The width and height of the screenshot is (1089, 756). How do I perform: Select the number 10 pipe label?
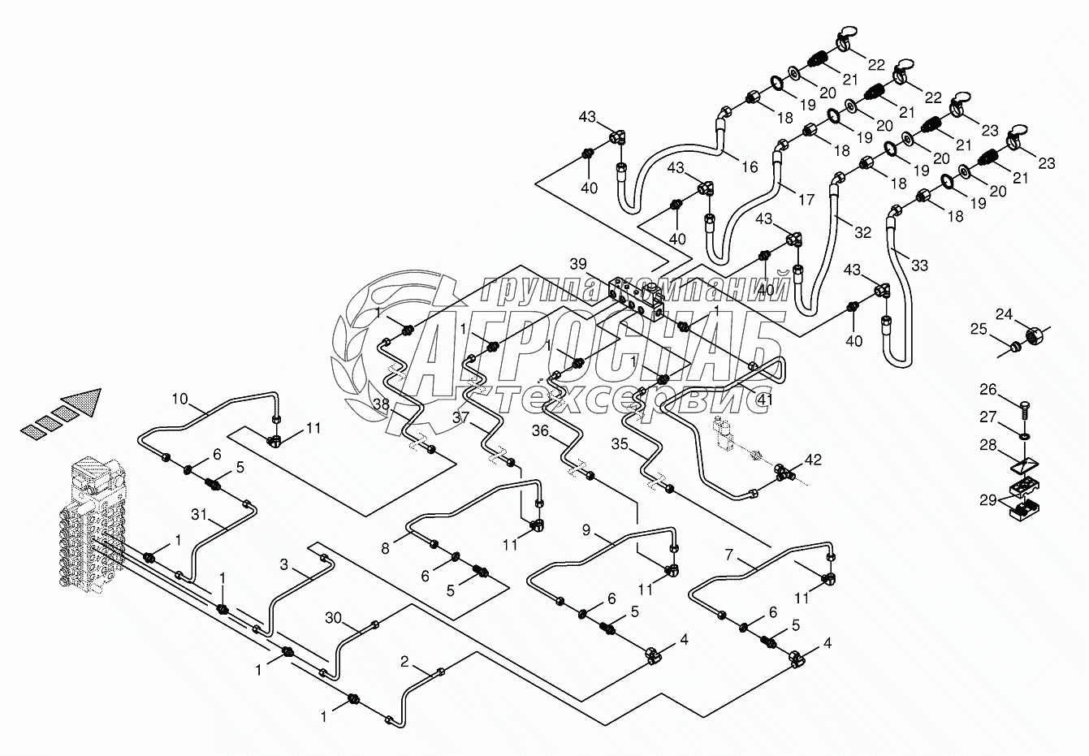click(x=179, y=398)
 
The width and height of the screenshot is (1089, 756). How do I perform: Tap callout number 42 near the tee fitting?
click(x=813, y=460)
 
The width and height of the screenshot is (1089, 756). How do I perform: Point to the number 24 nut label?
click(x=1005, y=314)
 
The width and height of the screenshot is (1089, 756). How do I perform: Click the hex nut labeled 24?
click(x=1036, y=333)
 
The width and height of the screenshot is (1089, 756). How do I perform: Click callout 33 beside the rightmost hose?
click(x=919, y=266)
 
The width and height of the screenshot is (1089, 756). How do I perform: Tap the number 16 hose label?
click(x=749, y=166)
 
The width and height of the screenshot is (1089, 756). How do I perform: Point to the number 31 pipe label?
click(x=199, y=513)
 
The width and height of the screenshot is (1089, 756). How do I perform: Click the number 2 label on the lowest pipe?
click(x=404, y=661)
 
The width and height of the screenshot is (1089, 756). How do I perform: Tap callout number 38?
click(x=381, y=404)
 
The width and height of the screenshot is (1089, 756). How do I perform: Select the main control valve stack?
click(x=93, y=524)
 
